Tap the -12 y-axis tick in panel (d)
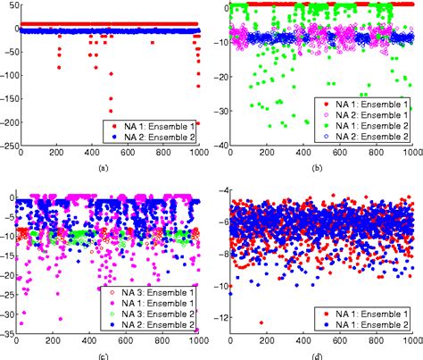pos(219,319)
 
